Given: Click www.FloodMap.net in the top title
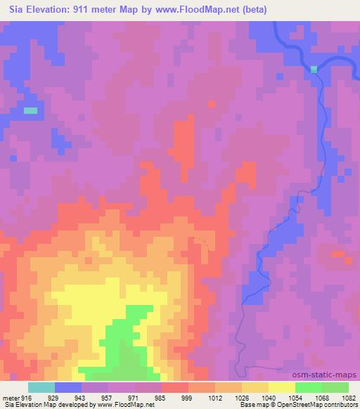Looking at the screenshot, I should pyautogui.click(x=212, y=10).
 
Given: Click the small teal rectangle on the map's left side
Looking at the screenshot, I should pyautogui.click(x=30, y=110).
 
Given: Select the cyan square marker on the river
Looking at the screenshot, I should pyautogui.click(x=314, y=68).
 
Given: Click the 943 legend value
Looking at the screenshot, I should pyautogui.click(x=94, y=397).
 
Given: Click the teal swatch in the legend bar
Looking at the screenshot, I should pyautogui.click(x=41, y=387).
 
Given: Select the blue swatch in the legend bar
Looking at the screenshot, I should pyautogui.click(x=68, y=387).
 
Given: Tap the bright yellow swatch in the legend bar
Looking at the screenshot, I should pyautogui.click(x=282, y=387).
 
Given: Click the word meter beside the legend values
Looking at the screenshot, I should pyautogui.click(x=11, y=397).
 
